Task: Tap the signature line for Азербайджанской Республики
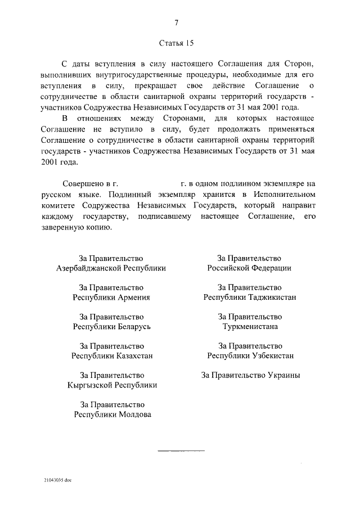pos(111,268)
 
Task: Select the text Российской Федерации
pos(249,268)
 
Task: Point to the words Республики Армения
pos(112,298)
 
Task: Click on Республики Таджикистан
pos(250,298)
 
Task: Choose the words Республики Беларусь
pos(112,327)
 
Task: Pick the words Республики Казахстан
pos(112,356)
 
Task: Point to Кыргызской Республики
pos(112,385)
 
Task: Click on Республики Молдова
pos(112,415)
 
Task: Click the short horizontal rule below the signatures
pos(181,451)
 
